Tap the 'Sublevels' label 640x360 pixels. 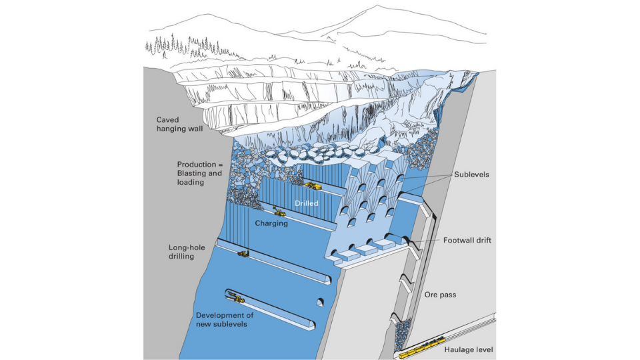471,174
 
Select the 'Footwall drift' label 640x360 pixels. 467,241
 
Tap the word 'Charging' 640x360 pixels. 271,223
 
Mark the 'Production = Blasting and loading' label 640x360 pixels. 199,173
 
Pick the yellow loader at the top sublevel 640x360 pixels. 313,186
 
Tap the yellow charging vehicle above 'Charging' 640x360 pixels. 278,213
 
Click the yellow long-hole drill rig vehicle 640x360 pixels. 243,253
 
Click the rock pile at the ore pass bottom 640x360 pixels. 402,333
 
